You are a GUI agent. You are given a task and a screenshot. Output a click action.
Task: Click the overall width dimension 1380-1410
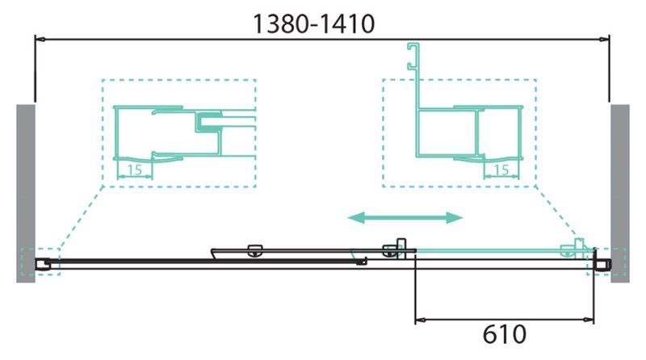[314, 25]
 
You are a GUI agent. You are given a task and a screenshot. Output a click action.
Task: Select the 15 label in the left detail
[135, 169]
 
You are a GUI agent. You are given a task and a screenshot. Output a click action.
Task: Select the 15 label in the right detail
[501, 169]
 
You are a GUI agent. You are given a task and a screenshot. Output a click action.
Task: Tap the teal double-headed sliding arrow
[405, 216]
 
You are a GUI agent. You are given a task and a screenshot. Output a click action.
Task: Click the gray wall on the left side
[25, 192]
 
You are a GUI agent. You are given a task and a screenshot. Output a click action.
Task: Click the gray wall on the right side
[619, 192]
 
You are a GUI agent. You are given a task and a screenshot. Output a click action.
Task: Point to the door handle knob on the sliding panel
[255, 249]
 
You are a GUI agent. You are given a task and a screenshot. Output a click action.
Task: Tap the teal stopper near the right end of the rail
[579, 247]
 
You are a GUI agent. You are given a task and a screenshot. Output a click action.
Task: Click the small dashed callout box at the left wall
[40, 262]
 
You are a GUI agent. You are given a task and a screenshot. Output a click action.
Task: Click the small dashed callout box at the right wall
[604, 262]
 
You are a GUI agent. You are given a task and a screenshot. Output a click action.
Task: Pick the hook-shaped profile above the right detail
[414, 57]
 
